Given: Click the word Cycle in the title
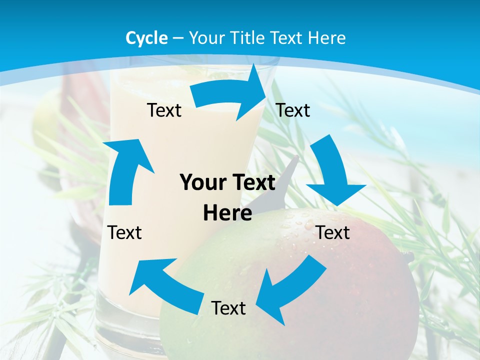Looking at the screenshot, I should tap(146, 38).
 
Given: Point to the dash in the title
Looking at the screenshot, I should tap(178, 38).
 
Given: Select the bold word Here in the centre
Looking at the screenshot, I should tap(227, 213).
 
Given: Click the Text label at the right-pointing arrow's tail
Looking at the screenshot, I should tap(164, 110).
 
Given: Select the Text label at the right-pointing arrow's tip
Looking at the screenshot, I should tap(293, 110).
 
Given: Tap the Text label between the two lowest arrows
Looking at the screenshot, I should tap(228, 308).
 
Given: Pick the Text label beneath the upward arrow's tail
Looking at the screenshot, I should tap(124, 232).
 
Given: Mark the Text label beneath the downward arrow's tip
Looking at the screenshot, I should tap(333, 232).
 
